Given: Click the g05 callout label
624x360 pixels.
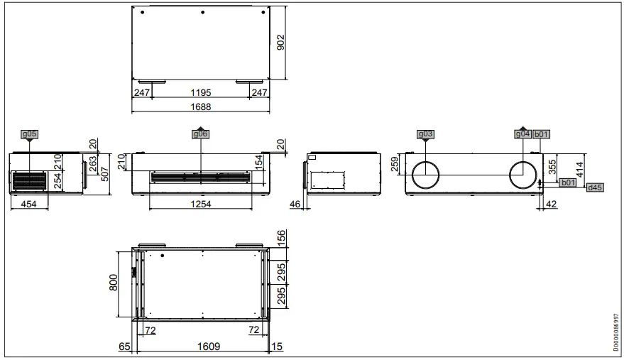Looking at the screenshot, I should coord(29,133).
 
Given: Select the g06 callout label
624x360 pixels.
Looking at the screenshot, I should coord(201,133).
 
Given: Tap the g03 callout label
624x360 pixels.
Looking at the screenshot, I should coord(425,133).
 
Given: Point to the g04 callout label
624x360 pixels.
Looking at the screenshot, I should coord(522,133).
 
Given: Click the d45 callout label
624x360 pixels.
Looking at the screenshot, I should coord(595,187).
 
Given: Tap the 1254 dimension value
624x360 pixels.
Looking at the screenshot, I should coord(200,204).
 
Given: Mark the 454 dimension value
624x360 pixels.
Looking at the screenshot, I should coord(29,204).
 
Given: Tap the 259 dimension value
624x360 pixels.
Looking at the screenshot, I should coord(395,164).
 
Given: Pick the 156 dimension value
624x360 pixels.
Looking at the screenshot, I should coord(281,237).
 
